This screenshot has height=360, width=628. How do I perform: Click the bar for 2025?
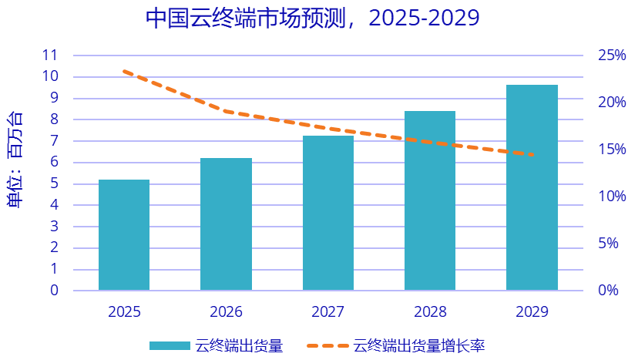point(124,235)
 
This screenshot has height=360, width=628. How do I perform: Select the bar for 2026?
point(226,224)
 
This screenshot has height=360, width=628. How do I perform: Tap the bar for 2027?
point(328,213)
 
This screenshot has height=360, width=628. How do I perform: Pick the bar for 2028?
point(430,200)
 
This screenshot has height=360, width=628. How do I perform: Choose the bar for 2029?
point(532,187)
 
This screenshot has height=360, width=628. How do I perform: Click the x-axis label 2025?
point(124,312)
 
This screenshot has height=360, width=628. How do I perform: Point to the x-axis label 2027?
point(328,312)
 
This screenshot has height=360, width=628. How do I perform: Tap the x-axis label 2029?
point(532,312)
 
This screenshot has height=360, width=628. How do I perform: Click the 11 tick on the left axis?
point(51,55)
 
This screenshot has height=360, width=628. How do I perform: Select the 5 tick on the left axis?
point(55,183)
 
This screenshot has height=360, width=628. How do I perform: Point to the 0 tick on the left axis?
point(55,291)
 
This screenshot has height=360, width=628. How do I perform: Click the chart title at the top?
point(313,19)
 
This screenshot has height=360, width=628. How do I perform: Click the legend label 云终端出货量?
point(240,345)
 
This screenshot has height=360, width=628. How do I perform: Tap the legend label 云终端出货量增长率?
point(419,345)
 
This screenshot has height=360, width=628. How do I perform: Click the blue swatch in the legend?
point(169,345)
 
